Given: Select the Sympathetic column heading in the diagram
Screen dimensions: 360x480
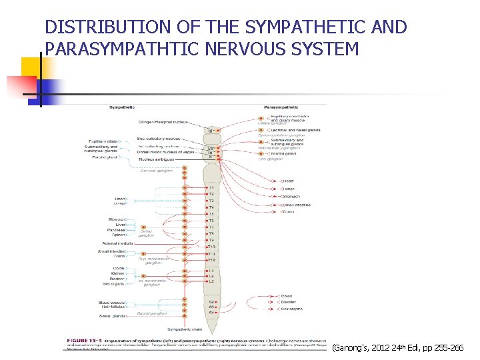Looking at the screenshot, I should point(122,107).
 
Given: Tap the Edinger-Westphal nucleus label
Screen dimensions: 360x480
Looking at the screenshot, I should point(163,122).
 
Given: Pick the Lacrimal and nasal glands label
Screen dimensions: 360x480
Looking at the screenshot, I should point(287,130).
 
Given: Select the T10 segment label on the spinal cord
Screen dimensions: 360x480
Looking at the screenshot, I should point(211,247).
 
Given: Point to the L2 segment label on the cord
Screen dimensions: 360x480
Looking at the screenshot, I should point(211,276).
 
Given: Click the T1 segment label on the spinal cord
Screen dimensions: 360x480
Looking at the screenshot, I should point(211,188).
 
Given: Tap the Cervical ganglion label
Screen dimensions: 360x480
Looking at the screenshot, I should point(156,171).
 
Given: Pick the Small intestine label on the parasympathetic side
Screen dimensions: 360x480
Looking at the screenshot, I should point(296,205).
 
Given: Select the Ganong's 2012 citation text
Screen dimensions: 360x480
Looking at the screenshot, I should point(400,347).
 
